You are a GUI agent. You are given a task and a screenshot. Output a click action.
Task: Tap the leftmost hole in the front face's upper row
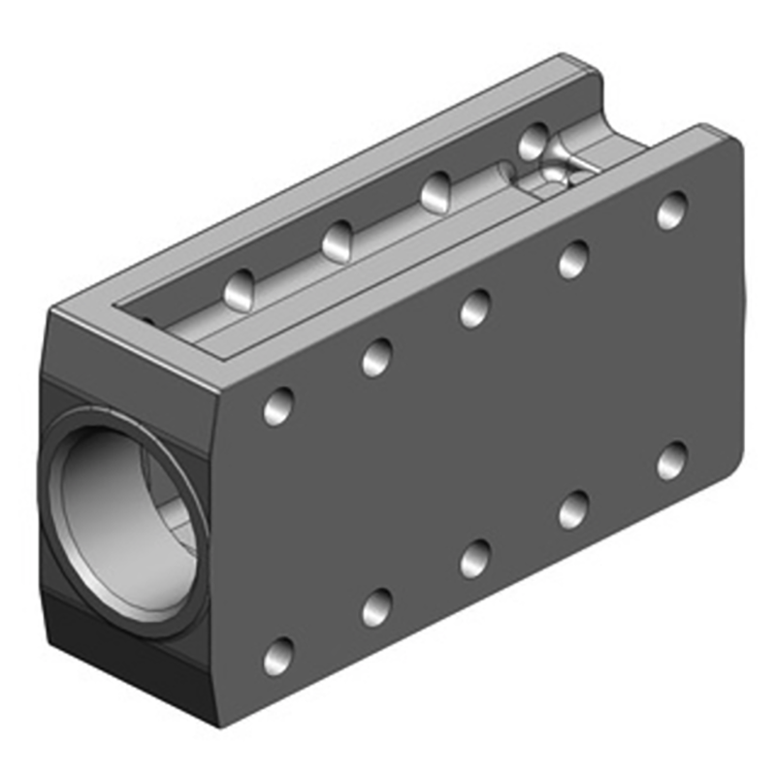coord(278,405)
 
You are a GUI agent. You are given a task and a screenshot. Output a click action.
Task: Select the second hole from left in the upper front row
coord(376,357)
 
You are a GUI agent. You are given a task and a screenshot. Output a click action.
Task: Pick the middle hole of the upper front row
coord(474,307)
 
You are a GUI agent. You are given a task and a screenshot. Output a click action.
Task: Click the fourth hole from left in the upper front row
coord(573,259)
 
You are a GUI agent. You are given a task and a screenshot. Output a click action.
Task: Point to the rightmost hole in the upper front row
coord(671,210)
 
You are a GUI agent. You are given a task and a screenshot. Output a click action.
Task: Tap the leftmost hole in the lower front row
coord(278,657)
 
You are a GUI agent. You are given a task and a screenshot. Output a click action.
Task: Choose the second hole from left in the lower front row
coord(376,607)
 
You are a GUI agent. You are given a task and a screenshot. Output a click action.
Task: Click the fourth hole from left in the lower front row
coord(573,509)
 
